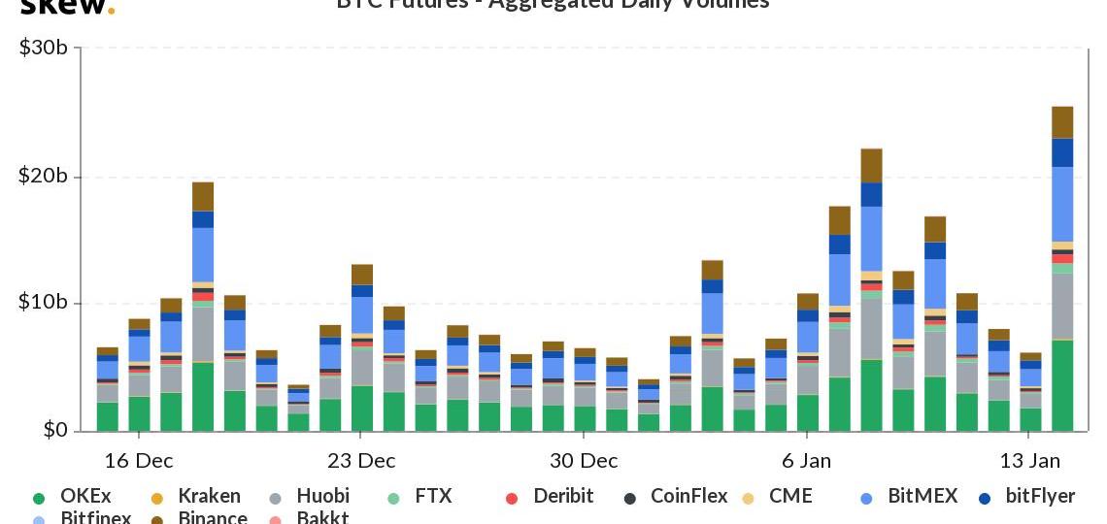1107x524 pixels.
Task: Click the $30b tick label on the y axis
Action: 43,47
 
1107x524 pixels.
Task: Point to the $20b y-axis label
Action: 43,176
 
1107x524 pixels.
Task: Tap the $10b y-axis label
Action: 43,303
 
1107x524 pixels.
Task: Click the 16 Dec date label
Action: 139,460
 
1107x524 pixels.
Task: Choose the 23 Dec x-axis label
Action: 360,460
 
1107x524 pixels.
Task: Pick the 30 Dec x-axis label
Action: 584,460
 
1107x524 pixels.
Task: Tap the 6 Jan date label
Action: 806,460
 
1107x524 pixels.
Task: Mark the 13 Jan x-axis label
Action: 1029,460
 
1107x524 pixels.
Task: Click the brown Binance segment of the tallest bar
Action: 1062,122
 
